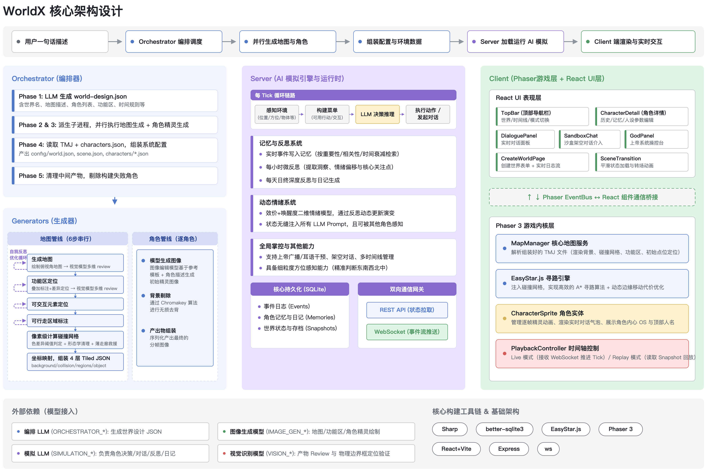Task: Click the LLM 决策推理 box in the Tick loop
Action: (x=377, y=114)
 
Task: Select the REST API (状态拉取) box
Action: (x=407, y=310)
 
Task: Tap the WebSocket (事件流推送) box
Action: (x=407, y=332)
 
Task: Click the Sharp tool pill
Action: (x=450, y=429)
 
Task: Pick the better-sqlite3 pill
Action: (x=504, y=429)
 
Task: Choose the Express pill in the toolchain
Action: (x=509, y=449)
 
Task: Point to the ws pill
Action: (x=548, y=449)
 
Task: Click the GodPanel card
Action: (x=656, y=139)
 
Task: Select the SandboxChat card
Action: (x=590, y=139)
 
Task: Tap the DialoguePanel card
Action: (x=525, y=139)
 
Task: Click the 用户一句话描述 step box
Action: (x=60, y=42)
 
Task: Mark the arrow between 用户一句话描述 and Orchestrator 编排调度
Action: (x=115, y=42)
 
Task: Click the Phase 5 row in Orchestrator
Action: (x=115, y=175)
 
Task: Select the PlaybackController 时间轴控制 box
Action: (x=592, y=354)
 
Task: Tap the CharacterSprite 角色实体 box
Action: (x=592, y=318)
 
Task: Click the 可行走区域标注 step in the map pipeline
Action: (x=75, y=321)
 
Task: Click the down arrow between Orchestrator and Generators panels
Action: (x=115, y=201)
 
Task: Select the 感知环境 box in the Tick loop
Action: (x=277, y=114)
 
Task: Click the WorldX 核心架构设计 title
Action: (x=63, y=11)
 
